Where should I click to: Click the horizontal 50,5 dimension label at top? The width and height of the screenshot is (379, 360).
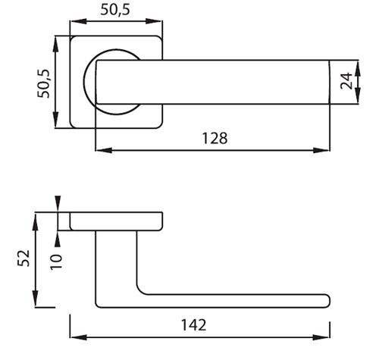coord(115,10)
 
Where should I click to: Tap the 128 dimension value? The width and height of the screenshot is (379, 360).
coord(215,138)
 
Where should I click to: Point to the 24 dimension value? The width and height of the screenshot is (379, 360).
coord(346,81)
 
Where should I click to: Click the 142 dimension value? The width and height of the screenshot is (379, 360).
coord(194,325)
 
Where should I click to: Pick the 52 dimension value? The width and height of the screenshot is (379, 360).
coord(23,258)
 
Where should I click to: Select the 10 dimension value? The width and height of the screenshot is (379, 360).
coord(56,262)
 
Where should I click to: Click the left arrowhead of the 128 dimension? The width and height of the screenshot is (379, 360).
coord(104,150)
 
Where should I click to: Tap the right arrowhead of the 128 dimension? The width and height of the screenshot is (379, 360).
coord(321,150)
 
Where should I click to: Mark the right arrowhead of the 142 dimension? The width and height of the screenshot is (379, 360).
coord(321,337)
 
